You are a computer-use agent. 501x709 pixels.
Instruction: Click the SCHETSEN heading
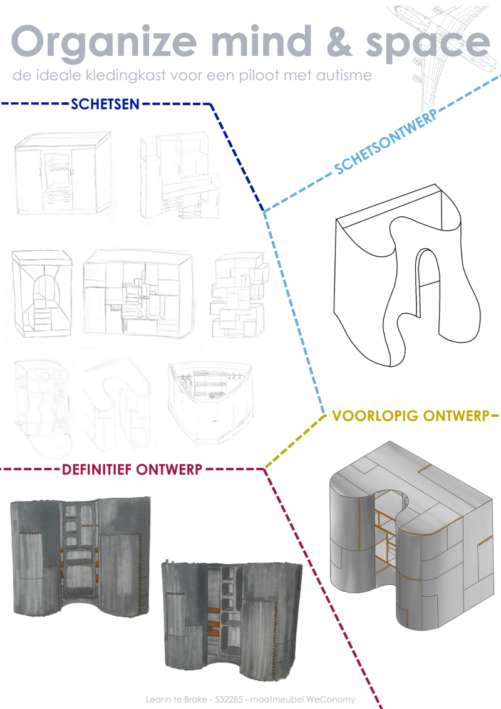point(105,104)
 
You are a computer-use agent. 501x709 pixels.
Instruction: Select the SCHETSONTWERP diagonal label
point(385,141)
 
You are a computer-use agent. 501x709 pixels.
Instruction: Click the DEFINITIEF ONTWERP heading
point(132,470)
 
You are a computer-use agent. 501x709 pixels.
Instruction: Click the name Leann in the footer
point(157,699)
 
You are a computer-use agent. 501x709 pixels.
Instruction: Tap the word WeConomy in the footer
point(334,699)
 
